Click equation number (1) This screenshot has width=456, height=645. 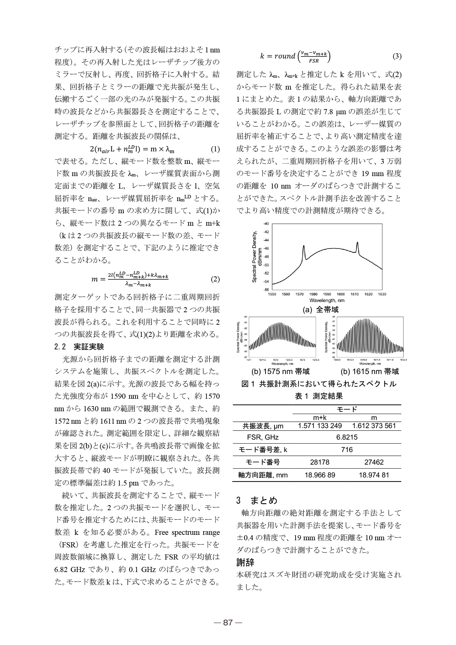[x=215, y=149]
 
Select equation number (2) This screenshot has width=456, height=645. [x=215, y=279]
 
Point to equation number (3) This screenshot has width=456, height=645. [x=397, y=56]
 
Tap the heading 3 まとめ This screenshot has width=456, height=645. [x=256, y=500]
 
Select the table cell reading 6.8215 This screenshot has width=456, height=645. [x=347, y=437]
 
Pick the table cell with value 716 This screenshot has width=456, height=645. [x=347, y=450]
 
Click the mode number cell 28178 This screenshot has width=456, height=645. [x=320, y=462]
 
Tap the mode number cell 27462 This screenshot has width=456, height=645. [x=374, y=462]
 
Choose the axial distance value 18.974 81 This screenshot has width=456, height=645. [x=374, y=475]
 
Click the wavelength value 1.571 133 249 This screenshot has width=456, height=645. [x=320, y=425]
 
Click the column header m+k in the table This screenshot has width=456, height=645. [x=320, y=418]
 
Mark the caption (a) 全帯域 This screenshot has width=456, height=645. [x=320, y=309]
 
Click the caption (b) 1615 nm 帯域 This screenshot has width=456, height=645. [x=370, y=372]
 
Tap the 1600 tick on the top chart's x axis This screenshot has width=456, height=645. [x=341, y=294]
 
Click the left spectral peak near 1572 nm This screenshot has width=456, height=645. [x=304, y=246]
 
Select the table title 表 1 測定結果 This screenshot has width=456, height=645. [x=319, y=396]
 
